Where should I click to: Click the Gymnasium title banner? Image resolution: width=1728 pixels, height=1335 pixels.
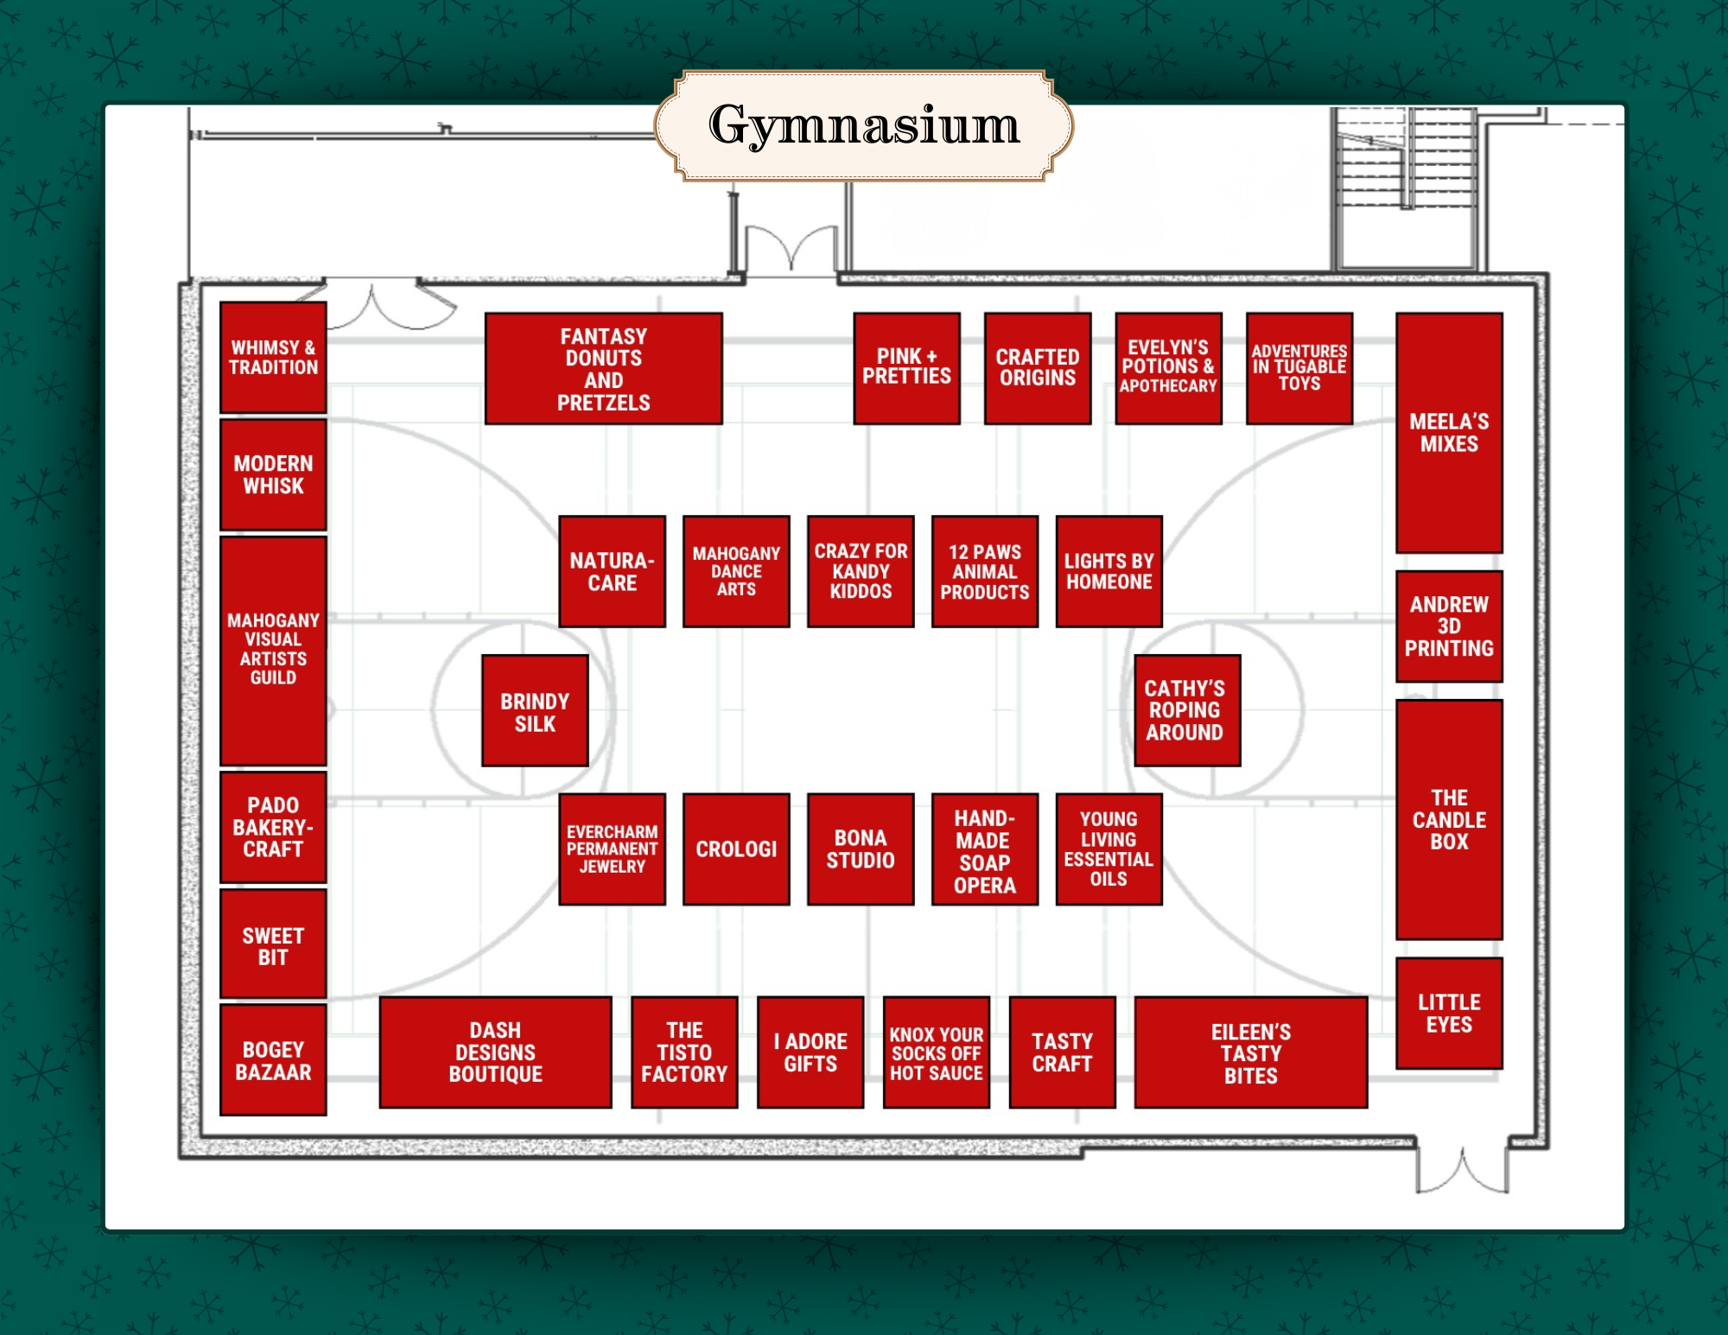tap(864, 126)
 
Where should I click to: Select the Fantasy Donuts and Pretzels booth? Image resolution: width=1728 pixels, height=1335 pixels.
tap(603, 369)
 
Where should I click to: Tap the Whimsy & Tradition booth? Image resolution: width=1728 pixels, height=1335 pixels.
tap(273, 358)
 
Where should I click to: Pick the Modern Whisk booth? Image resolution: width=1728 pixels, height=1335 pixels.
tap(273, 474)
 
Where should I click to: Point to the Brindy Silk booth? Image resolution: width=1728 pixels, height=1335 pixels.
tap(535, 711)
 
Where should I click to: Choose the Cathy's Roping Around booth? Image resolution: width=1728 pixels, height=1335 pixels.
tap(1186, 711)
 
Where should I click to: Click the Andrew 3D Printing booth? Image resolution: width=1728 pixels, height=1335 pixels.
tap(1449, 626)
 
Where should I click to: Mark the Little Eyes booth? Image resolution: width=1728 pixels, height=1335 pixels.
tap(1449, 1014)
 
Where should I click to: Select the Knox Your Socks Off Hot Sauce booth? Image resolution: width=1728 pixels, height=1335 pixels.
tap(937, 1052)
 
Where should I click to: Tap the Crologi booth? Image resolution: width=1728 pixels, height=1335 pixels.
tap(736, 849)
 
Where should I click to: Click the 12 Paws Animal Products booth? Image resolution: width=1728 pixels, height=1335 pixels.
tap(985, 572)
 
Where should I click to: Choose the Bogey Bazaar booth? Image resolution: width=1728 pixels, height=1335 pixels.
tap(273, 1060)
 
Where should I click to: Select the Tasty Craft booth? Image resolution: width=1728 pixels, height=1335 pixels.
tap(1062, 1052)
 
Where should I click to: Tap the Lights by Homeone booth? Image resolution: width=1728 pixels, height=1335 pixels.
tap(1109, 572)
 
